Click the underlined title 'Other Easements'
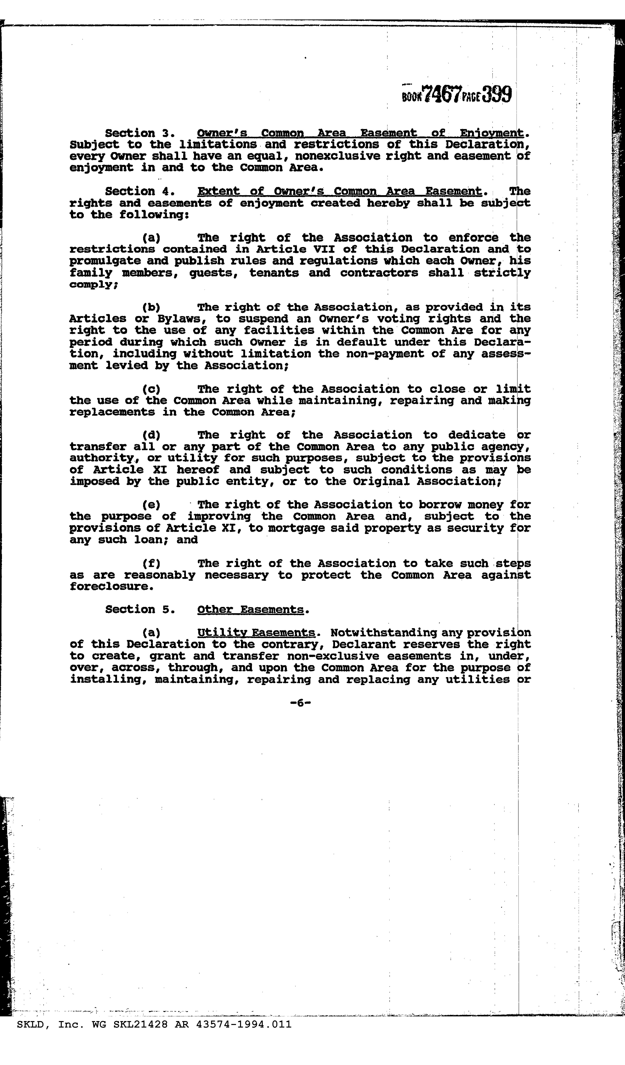pyautogui.click(x=250, y=609)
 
